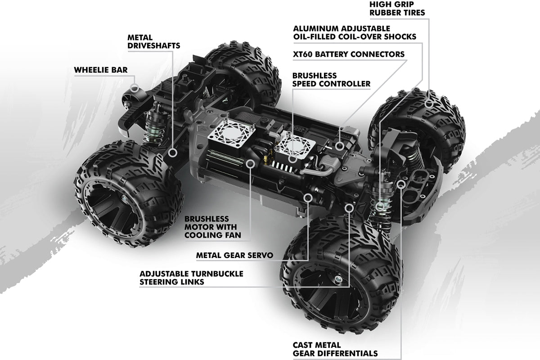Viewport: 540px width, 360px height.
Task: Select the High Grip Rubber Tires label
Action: [397, 9]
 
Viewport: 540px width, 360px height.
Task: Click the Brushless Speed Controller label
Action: [332, 80]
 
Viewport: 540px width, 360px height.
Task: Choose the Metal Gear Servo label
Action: [235, 256]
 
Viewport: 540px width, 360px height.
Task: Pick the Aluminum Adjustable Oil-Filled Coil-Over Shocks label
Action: [354, 32]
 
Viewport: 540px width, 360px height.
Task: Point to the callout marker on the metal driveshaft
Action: [173, 153]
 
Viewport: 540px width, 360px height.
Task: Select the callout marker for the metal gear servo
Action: [308, 197]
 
